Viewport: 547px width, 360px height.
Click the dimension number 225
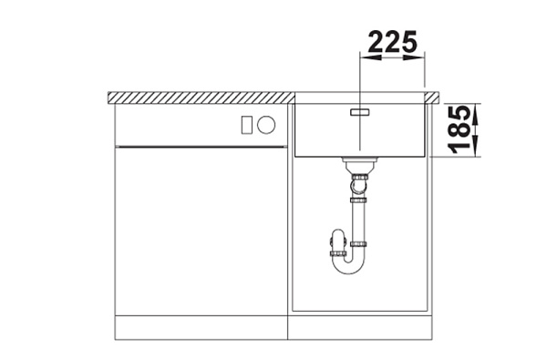[x=392, y=41]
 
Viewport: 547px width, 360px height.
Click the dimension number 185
[x=459, y=129]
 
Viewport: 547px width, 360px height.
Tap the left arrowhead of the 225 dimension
[x=370, y=57]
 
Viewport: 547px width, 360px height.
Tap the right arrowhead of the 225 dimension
[x=414, y=57]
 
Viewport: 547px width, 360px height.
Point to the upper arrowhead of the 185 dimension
[x=476, y=114]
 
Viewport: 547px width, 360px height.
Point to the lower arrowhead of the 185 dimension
[x=476, y=147]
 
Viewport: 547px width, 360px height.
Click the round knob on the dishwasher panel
[x=266, y=125]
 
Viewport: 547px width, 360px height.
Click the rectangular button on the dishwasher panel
[x=247, y=125]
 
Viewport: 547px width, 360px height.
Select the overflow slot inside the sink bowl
[x=360, y=112]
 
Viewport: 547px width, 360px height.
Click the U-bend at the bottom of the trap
[x=349, y=267]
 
